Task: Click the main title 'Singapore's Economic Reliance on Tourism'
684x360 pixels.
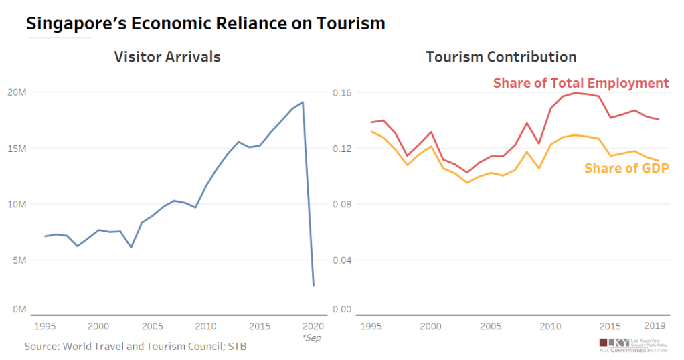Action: (205, 23)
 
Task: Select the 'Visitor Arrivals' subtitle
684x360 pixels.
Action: (167, 57)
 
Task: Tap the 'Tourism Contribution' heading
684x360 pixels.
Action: (501, 57)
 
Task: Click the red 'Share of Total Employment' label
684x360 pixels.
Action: (581, 83)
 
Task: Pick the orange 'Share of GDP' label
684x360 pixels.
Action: (626, 168)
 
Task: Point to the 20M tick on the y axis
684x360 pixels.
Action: (17, 92)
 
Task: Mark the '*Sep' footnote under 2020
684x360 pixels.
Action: (311, 338)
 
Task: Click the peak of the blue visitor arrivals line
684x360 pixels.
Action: (303, 102)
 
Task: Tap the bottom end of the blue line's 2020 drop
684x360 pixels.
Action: (313, 286)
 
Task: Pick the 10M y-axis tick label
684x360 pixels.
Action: (17, 204)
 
